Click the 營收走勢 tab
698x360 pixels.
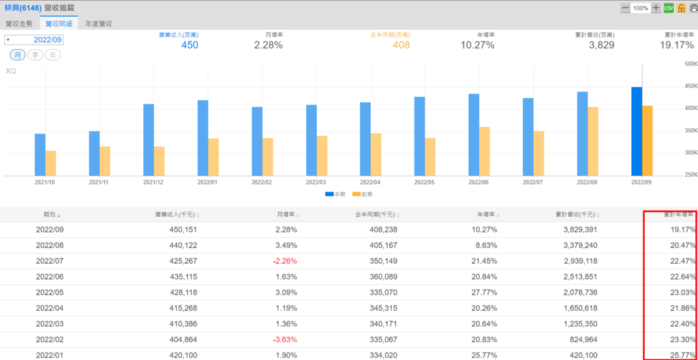19,23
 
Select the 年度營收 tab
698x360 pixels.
99,23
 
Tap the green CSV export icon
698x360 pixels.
669,8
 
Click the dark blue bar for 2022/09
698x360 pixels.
637,131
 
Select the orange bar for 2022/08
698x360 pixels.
593,141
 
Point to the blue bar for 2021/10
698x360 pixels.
40,154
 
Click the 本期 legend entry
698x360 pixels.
333,194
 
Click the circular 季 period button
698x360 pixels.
35,55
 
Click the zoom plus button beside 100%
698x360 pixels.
656,8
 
